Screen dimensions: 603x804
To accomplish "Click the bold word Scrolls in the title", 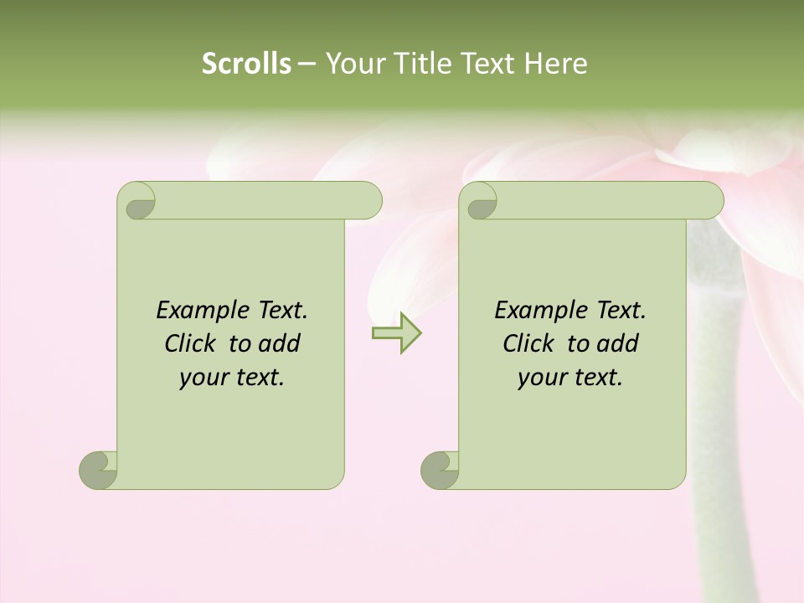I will tap(246, 64).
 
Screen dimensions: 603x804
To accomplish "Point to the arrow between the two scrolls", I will tap(396, 333).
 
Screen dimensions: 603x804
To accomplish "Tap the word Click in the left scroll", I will tap(193, 343).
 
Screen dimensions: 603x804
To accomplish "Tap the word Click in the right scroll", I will tap(531, 343).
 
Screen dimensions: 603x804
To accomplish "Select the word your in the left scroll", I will tap(203, 378).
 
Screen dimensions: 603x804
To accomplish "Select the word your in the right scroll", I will tap(541, 378).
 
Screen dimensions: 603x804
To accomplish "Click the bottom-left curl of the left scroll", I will tap(97, 469).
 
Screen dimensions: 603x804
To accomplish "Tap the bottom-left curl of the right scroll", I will tap(439, 469).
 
